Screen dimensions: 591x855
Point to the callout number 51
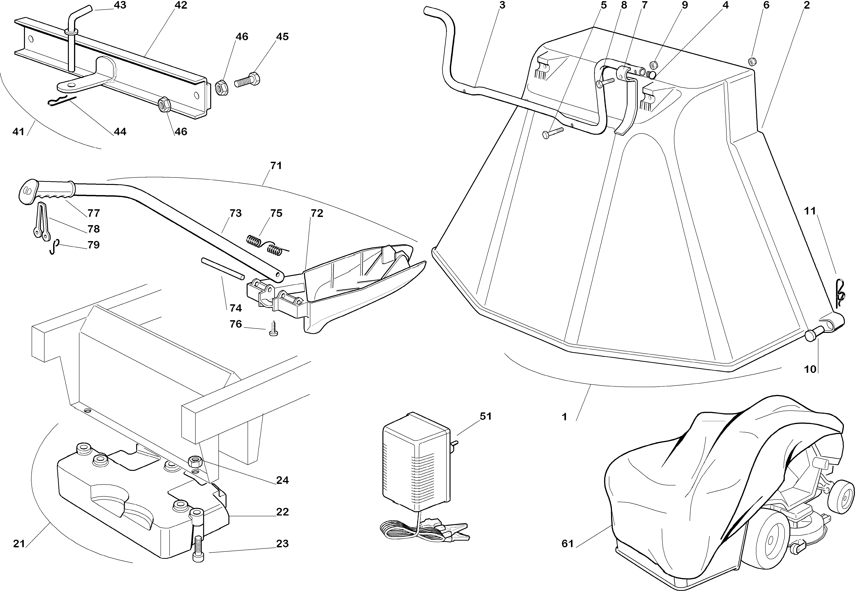485,416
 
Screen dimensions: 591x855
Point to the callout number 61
567,544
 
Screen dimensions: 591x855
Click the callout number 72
317,213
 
